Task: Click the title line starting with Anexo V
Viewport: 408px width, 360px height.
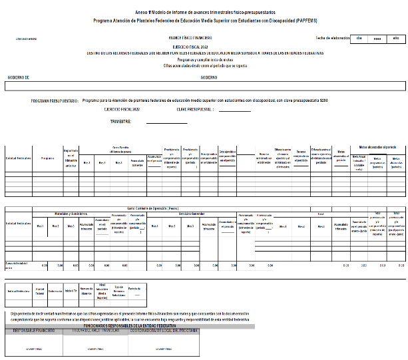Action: (204, 13)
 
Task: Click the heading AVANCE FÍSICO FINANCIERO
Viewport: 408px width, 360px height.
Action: (190, 38)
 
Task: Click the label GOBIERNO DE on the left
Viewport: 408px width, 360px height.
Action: (19, 77)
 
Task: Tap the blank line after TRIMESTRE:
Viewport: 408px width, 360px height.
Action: (166, 122)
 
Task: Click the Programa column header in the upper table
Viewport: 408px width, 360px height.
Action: (47, 158)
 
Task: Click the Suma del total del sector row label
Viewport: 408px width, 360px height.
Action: (16, 264)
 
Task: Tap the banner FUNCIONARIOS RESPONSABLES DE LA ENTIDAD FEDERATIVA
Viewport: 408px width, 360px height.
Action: (127, 325)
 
